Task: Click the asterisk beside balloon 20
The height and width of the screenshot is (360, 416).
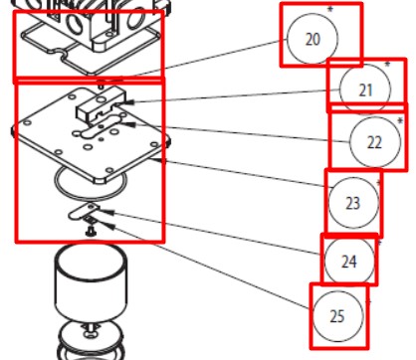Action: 329,10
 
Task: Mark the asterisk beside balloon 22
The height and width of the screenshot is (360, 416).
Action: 400,120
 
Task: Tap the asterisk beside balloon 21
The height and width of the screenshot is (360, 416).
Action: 387,65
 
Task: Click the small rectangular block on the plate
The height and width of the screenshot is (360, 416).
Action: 102,103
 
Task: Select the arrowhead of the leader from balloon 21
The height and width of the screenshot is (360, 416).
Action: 129,102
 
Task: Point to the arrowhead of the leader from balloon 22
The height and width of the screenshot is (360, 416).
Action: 129,124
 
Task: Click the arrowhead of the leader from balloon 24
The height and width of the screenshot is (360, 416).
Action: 109,212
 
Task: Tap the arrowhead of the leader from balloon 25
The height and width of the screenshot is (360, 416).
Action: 109,226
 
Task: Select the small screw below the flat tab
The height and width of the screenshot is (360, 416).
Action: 90,231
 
